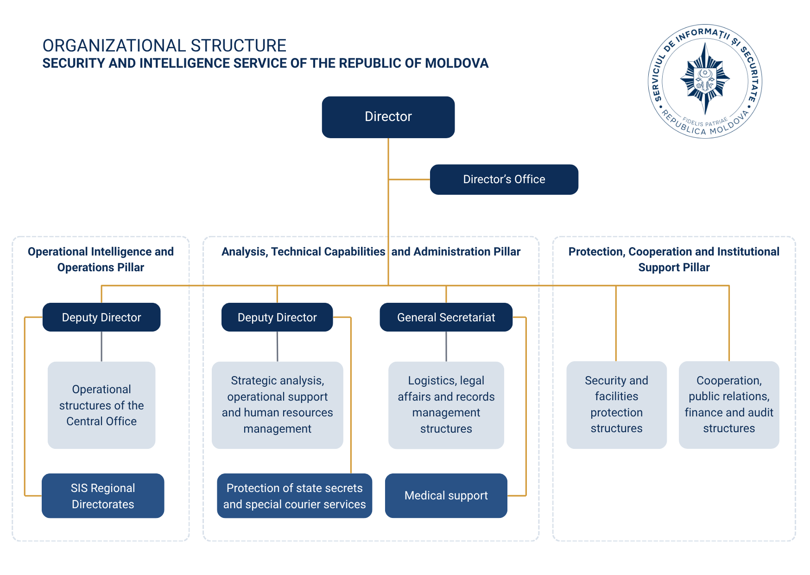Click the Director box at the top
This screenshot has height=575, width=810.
[388, 117]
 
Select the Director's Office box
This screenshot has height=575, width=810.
[504, 179]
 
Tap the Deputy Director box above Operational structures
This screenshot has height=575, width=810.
[101, 317]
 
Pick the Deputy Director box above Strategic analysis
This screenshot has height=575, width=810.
[277, 317]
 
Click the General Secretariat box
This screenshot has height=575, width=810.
[446, 317]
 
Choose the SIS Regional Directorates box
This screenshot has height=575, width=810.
[103, 496]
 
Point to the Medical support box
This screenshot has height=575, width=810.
[446, 496]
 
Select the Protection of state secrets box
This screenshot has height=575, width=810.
[295, 496]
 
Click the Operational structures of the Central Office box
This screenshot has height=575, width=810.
[101, 405]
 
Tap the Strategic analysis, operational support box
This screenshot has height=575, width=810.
[278, 405]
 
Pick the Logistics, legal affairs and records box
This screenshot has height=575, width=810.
[446, 405]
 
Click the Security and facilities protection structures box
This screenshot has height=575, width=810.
[617, 405]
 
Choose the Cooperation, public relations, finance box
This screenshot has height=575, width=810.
[729, 405]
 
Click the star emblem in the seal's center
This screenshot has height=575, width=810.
[705, 79]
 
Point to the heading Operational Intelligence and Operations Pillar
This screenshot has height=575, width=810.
[101, 260]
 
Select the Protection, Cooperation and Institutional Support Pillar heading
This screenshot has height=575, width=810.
[674, 260]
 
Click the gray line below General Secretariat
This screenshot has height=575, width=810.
[446, 346]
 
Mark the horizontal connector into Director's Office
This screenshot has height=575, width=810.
[409, 179]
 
